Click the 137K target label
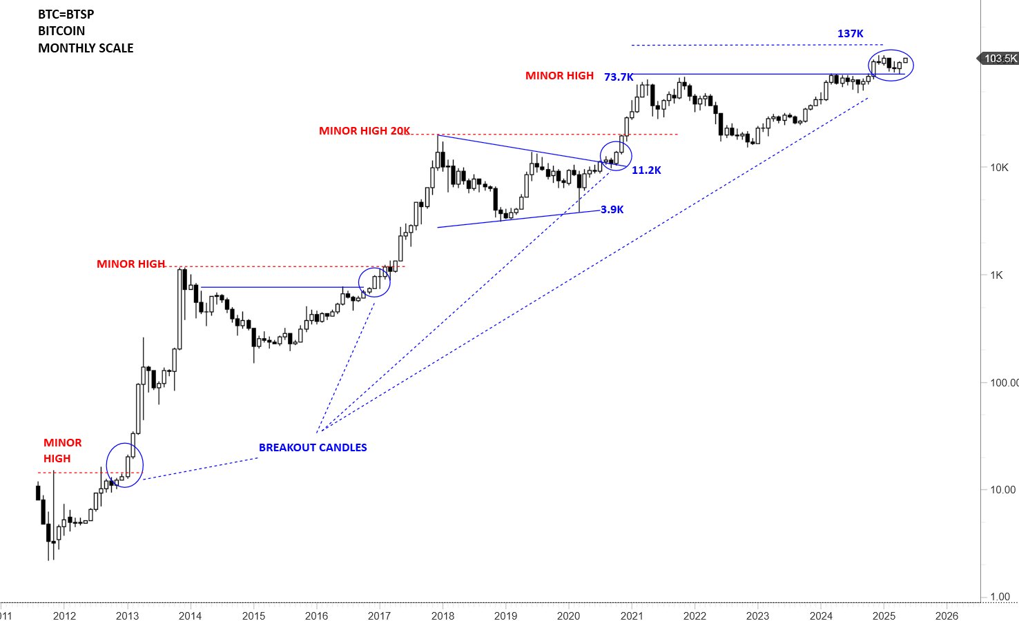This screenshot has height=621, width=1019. pos(850,34)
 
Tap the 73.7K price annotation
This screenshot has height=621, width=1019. pos(618,77)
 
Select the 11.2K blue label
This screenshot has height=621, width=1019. pos(646,170)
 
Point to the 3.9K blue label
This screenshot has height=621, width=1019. pos(612,210)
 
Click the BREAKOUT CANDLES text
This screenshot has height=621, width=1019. pos(313,448)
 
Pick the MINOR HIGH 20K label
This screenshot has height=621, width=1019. pos(364,131)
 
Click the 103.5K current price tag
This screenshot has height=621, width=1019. pos(1000,59)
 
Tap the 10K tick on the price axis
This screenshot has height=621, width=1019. pos(999,168)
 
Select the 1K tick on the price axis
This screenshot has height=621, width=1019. pos(996,275)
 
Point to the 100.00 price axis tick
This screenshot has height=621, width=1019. pos(1004,383)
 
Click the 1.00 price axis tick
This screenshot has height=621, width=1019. pos(1000,597)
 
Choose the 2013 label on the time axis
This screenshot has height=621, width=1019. pos(127,616)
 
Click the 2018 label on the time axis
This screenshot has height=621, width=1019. pos(443,616)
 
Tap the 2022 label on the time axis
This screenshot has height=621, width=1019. pos(695,616)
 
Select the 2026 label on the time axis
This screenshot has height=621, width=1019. pos(947,616)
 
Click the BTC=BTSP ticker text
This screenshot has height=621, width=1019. pos(66,14)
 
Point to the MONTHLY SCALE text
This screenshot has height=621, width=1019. pos(86,48)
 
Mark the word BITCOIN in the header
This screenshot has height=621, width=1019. pos(61,31)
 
